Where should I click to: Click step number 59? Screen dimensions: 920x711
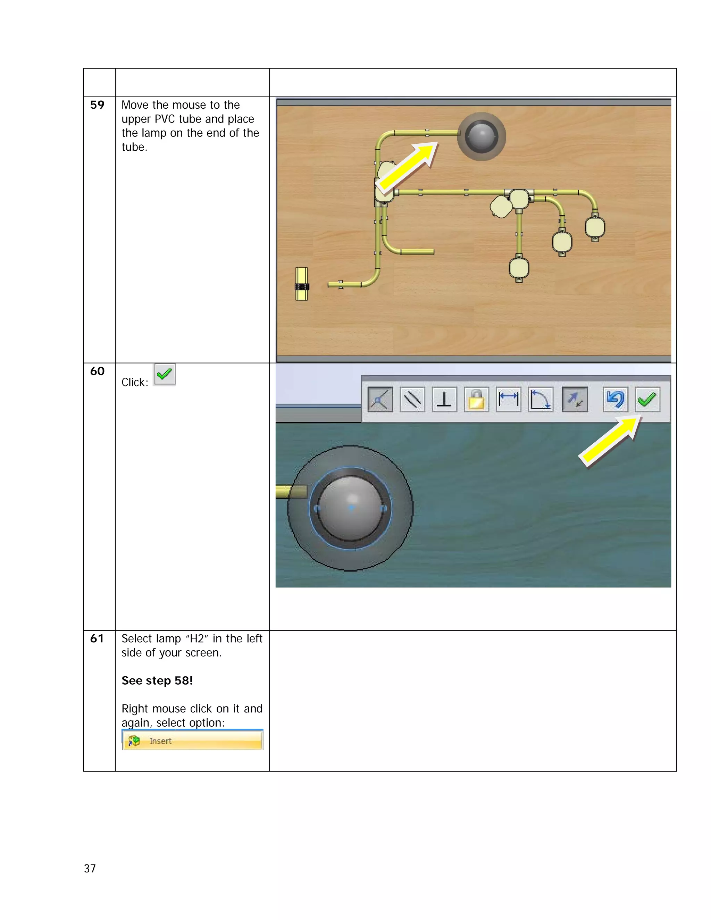pos(97,105)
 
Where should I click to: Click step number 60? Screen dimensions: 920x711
pos(97,371)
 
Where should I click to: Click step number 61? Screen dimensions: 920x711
pos(97,638)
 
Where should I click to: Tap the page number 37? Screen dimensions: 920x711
pos(90,868)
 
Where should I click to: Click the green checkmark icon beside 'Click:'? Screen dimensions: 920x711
pos(164,374)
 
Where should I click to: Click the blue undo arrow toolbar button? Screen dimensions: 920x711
pos(615,399)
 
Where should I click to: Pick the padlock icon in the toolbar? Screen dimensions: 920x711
pos(476,399)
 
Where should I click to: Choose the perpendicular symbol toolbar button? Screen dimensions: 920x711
pos(444,399)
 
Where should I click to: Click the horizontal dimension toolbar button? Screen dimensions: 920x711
pos(508,399)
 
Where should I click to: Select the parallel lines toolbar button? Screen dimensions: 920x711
pos(412,399)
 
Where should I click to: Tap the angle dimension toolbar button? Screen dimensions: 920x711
pos(541,399)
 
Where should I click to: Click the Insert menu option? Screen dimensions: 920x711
pos(192,741)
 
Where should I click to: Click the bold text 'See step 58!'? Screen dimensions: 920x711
pos(157,681)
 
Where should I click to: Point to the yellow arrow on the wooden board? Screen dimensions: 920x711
pos(407,166)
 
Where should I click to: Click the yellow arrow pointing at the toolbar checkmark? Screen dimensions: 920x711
pos(610,441)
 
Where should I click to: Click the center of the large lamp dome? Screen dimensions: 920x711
pos(350,508)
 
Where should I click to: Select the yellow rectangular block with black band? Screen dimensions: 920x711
pos(302,284)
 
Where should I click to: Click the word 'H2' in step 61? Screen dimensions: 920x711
pos(197,638)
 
